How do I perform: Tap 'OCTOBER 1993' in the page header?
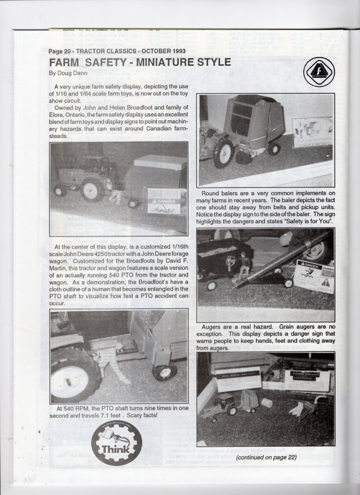pyautogui.click(x=164, y=51)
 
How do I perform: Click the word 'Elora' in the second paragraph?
pyautogui.click(x=56, y=114)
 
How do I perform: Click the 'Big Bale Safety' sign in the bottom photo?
pyautogui.click(x=238, y=379)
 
